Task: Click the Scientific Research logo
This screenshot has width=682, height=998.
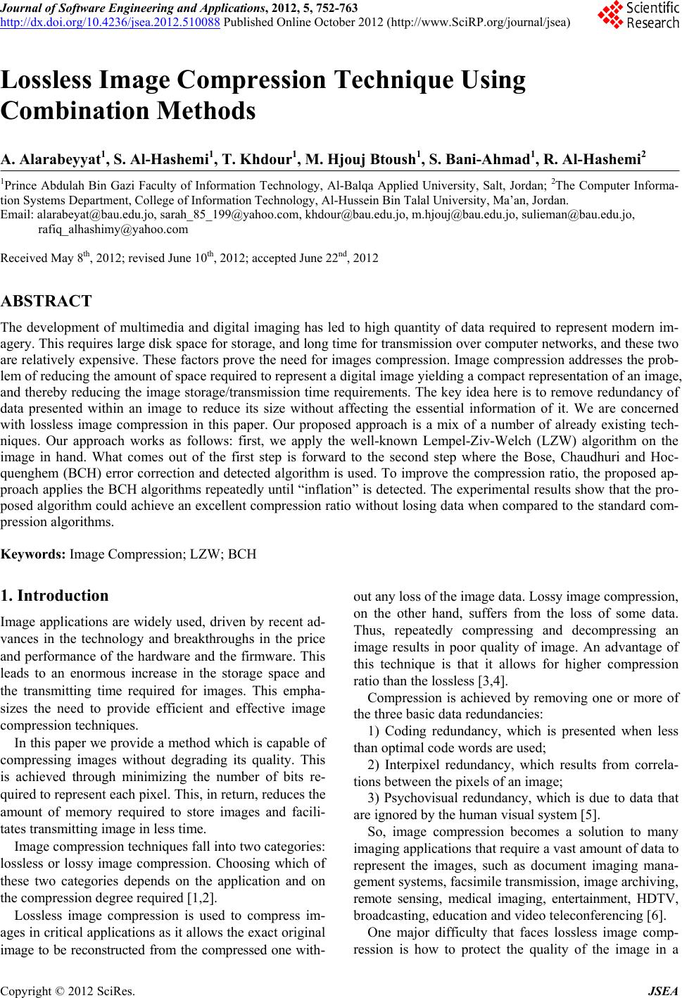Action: (x=637, y=15)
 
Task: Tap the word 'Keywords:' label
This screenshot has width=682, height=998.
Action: (x=34, y=554)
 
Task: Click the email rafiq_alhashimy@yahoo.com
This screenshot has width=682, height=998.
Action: (x=113, y=229)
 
